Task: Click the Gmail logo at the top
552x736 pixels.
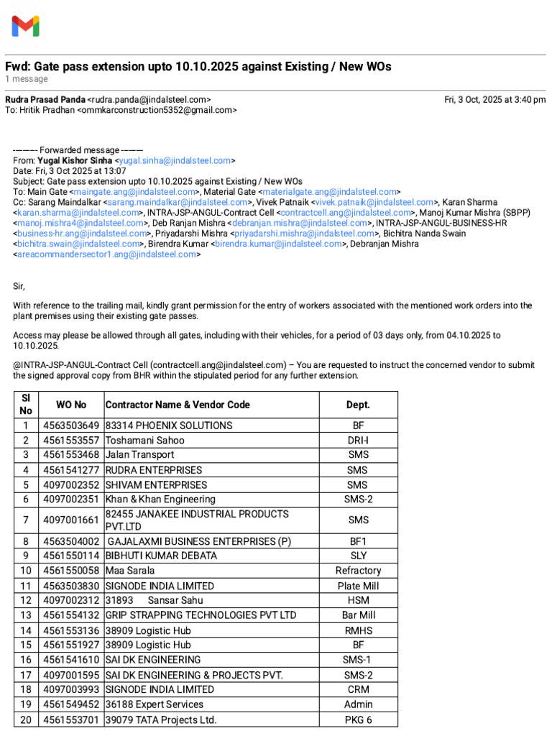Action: tap(25, 27)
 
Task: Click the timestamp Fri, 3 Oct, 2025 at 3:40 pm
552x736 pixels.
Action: tap(494, 99)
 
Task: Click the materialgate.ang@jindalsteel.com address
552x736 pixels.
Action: tap(329, 192)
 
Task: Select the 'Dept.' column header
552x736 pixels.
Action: tap(358, 405)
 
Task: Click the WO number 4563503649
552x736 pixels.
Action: tap(71, 425)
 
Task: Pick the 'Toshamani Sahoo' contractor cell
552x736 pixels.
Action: tap(145, 440)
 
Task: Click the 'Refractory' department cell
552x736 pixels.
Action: tap(358, 571)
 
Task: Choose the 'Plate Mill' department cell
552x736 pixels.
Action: tap(358, 586)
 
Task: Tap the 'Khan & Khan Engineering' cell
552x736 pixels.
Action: tap(160, 499)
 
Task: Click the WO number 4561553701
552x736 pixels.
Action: tap(71, 719)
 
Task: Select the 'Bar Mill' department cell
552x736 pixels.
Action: tap(358, 615)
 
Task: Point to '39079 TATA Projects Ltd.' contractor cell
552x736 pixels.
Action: tap(161, 719)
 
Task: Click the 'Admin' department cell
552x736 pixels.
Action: tap(358, 704)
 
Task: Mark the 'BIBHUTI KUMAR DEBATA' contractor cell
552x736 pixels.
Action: tap(161, 556)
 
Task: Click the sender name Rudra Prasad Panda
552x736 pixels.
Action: tap(45, 99)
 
